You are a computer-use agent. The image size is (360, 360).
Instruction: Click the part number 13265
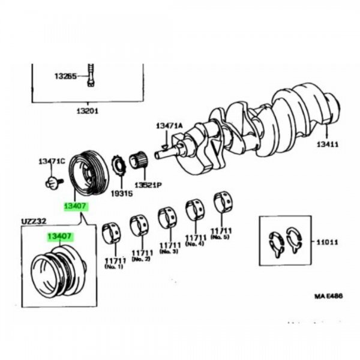click(x=65, y=77)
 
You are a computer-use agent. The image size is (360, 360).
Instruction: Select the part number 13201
click(x=87, y=111)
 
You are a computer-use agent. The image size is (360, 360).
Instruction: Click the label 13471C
click(x=51, y=161)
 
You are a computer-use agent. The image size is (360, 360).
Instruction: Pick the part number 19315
click(x=122, y=194)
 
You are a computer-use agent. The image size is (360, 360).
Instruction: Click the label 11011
click(x=328, y=243)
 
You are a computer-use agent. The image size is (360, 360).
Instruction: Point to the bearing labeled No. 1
click(x=112, y=233)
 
